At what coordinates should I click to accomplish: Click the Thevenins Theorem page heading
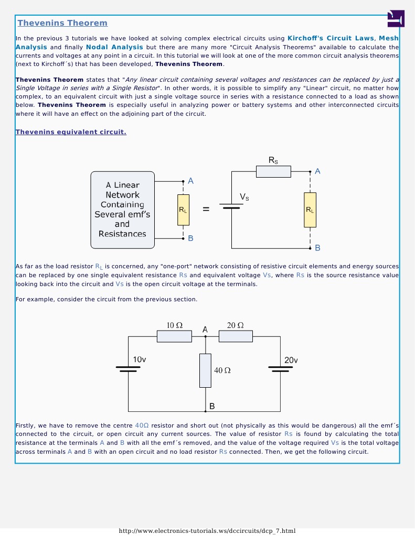(x=62, y=23)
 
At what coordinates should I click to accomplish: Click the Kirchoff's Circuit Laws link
(x=331, y=38)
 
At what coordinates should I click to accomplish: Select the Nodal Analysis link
(x=114, y=47)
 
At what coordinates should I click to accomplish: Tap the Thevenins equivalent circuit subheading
(x=71, y=132)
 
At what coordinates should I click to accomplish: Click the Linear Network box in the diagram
(x=122, y=210)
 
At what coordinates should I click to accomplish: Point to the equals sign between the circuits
(x=206, y=210)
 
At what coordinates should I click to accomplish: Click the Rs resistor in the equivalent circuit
(x=273, y=171)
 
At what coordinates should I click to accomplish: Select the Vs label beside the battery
(x=244, y=197)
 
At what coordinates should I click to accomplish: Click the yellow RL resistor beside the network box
(x=183, y=210)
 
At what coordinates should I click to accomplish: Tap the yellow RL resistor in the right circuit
(x=310, y=210)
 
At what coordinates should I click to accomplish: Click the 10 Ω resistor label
(x=175, y=325)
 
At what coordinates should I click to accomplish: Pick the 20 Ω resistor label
(x=235, y=325)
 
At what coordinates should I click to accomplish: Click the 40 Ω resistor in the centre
(x=205, y=370)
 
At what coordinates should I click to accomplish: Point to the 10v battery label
(x=140, y=360)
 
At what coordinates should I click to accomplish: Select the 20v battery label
(x=291, y=360)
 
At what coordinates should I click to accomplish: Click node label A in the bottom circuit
(x=205, y=330)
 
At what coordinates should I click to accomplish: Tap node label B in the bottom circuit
(x=212, y=406)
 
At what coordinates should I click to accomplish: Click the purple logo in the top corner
(x=396, y=18)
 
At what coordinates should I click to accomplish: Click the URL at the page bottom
(x=207, y=531)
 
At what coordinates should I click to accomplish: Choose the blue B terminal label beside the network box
(x=190, y=238)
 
